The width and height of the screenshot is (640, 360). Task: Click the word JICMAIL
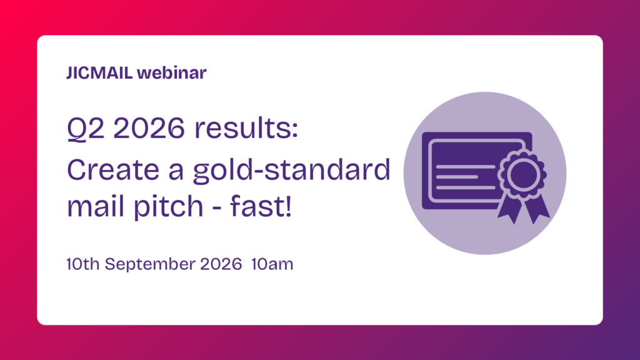[99, 72]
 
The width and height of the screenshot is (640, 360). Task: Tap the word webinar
[172, 72]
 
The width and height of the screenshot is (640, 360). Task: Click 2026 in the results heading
[149, 128]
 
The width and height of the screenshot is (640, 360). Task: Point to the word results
[246, 128]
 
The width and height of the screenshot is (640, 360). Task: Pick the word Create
[113, 170]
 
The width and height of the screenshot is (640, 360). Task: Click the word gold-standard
[292, 171]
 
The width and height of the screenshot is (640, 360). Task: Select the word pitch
[169, 207]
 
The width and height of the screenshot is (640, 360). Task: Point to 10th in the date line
[83, 264]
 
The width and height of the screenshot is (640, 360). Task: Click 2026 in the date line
[221, 264]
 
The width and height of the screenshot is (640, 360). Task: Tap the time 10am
[272, 264]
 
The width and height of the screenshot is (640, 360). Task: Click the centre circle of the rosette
[522, 174]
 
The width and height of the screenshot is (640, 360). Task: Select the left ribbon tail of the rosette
[510, 208]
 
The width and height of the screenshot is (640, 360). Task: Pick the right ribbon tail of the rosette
[537, 208]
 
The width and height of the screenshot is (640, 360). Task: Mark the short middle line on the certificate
[457, 177]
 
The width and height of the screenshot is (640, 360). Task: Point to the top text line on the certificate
[466, 166]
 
